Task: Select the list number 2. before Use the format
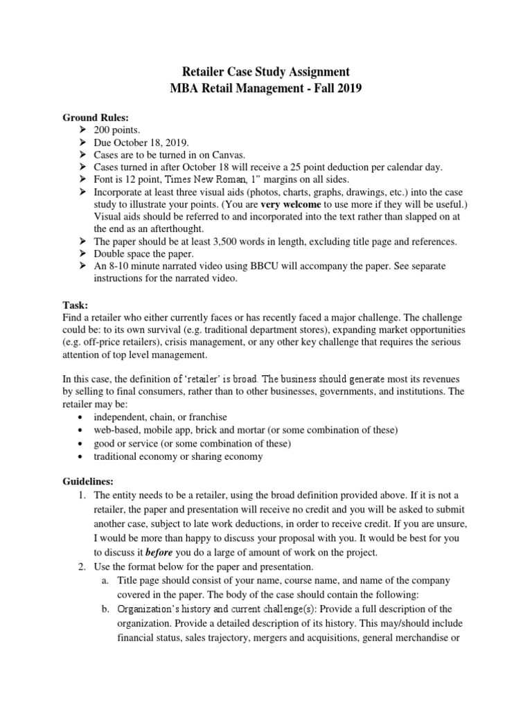tap(82, 565)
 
